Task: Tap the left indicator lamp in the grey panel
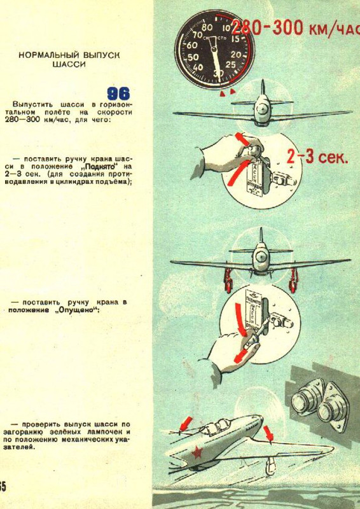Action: click(x=303, y=401)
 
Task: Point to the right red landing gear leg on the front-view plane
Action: click(x=294, y=276)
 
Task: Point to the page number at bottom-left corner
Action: click(x=3, y=487)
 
